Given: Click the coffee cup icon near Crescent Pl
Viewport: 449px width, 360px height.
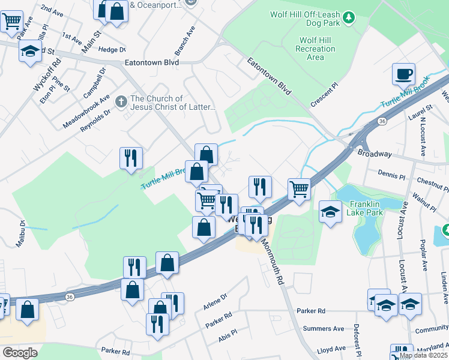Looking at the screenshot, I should [x=403, y=74].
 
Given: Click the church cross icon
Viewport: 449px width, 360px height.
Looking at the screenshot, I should [x=121, y=100].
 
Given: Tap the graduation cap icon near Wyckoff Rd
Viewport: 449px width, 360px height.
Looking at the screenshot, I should [x=29, y=52].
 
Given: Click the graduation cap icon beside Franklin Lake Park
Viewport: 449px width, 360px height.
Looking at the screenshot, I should [x=330, y=212].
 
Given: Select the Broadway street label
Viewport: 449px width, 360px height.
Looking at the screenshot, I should [x=374, y=154].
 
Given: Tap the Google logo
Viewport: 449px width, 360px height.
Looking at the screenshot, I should [x=20, y=352].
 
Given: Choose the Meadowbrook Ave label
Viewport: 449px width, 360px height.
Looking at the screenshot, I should [x=86, y=112].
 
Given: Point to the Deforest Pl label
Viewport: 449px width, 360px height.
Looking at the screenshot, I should [x=357, y=341].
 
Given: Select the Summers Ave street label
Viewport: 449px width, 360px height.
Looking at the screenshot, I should [x=324, y=329].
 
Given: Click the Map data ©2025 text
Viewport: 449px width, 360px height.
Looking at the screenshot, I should [x=423, y=355].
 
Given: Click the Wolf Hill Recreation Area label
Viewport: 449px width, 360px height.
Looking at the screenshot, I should [x=312, y=49].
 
